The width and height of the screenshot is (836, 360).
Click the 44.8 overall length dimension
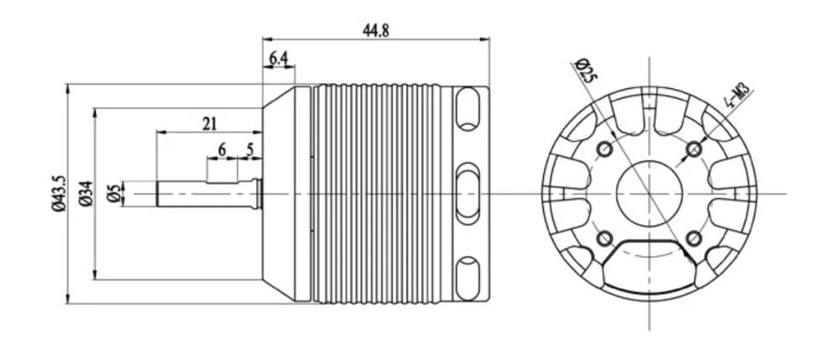[x=376, y=30]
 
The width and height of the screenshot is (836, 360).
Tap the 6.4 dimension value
[x=279, y=58]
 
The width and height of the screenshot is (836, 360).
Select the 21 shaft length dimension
[x=210, y=123]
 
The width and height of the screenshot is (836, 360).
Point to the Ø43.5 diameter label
[x=58, y=194]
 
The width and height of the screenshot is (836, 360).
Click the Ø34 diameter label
[x=86, y=194]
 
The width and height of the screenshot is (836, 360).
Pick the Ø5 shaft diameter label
[x=113, y=194]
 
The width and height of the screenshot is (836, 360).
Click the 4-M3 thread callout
[x=738, y=97]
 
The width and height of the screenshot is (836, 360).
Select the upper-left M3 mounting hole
[x=604, y=149]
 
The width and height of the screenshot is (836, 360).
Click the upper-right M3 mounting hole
[x=693, y=149]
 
